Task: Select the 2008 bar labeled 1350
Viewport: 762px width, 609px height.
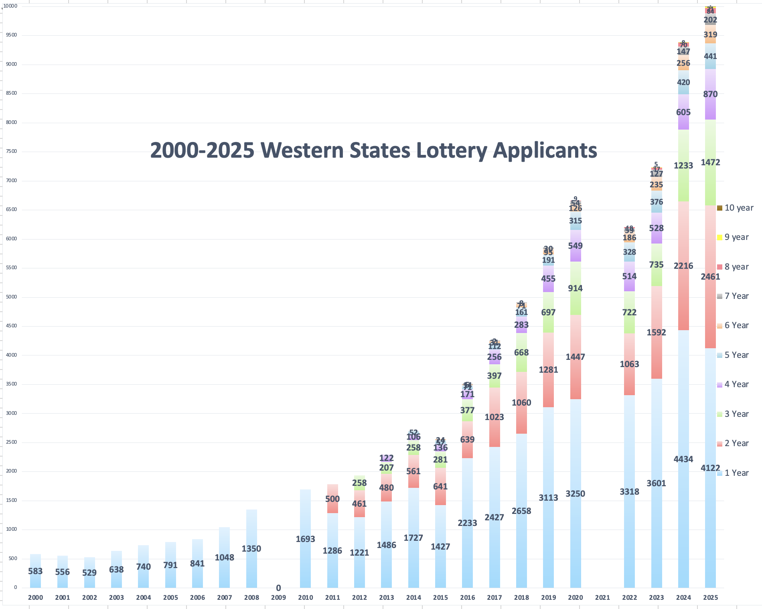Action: pyautogui.click(x=251, y=548)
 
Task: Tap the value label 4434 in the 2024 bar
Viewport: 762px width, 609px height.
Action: pyautogui.click(x=683, y=459)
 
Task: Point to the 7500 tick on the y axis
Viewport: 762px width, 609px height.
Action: pyautogui.click(x=12, y=151)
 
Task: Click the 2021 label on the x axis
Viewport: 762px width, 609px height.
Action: pyautogui.click(x=602, y=597)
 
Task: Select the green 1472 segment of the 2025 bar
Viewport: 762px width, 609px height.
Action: pyautogui.click(x=710, y=162)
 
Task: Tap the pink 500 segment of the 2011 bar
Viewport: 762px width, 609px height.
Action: pyautogui.click(x=332, y=499)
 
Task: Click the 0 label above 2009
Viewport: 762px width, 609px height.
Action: pyautogui.click(x=278, y=588)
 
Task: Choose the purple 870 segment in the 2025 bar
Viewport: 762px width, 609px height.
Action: pyautogui.click(x=710, y=94)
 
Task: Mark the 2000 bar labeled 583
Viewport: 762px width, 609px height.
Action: pyautogui.click(x=35, y=571)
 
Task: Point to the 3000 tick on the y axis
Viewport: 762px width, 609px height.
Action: pyautogui.click(x=12, y=413)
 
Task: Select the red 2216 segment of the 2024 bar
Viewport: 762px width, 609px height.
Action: pyautogui.click(x=683, y=266)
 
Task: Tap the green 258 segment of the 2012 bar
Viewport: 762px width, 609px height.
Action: pyautogui.click(x=359, y=483)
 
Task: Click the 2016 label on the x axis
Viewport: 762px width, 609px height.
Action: pyautogui.click(x=467, y=597)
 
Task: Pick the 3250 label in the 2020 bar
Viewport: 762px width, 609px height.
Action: pyautogui.click(x=576, y=494)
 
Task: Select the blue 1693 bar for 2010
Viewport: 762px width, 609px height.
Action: pyautogui.click(x=305, y=539)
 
